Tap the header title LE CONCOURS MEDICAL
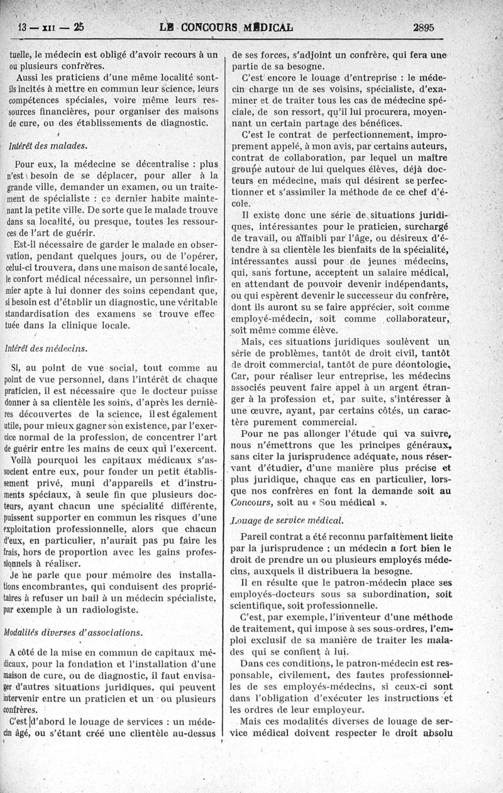point(228,27)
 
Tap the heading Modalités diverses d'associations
point(73,632)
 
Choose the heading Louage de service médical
point(287,520)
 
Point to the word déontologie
point(417,364)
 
